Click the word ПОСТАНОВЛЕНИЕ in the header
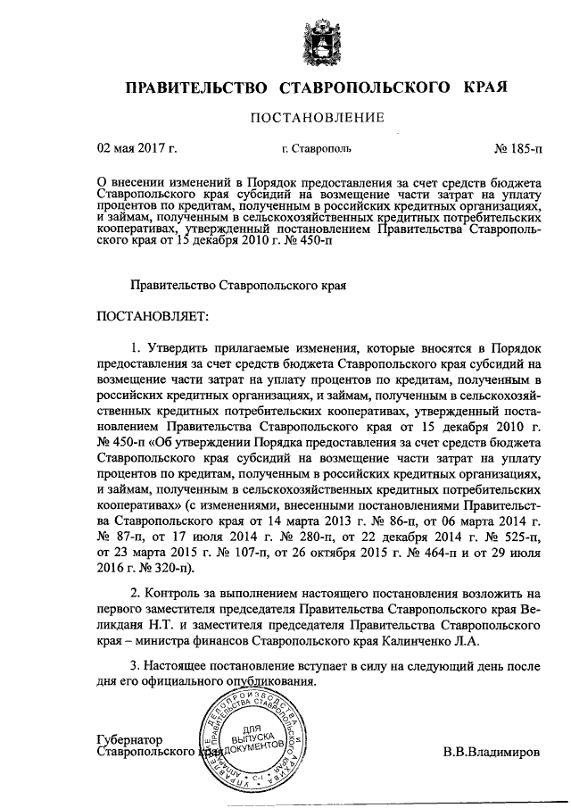[317, 117]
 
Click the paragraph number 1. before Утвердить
[136, 346]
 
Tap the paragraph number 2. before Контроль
[136, 592]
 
